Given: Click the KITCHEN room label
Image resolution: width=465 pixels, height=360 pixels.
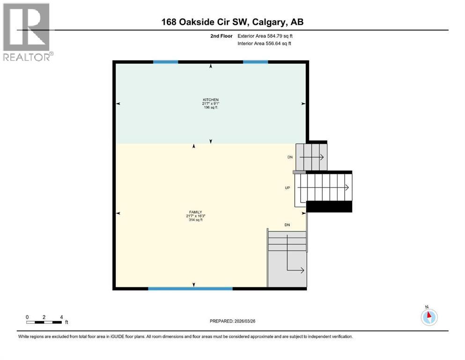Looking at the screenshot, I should [x=210, y=100].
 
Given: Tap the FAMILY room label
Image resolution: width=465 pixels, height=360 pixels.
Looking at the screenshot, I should [x=195, y=212].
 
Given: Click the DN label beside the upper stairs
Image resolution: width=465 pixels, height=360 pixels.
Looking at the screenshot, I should [x=290, y=157].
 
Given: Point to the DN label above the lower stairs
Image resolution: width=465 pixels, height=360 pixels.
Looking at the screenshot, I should [x=287, y=225].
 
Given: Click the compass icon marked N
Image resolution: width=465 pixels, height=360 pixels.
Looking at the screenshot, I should [x=429, y=317].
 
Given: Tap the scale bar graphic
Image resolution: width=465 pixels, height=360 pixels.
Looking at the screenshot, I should [x=44, y=322].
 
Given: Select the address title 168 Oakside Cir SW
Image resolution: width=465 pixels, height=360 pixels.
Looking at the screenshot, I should [x=232, y=22].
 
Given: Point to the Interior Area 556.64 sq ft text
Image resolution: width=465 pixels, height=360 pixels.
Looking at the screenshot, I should [x=265, y=44].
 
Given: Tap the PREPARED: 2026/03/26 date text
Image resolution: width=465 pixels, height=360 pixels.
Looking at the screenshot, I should [x=233, y=321].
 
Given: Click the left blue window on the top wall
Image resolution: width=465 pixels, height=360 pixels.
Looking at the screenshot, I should [x=166, y=61].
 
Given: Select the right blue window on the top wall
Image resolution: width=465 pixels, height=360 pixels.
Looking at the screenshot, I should [x=255, y=61].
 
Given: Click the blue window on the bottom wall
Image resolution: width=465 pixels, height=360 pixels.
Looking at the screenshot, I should [x=190, y=289].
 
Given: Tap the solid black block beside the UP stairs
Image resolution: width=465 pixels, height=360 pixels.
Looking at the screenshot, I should [x=329, y=206].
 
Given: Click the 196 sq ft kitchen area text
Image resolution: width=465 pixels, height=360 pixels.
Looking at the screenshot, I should [x=210, y=108].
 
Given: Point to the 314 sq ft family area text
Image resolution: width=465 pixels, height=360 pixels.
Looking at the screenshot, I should [x=195, y=220].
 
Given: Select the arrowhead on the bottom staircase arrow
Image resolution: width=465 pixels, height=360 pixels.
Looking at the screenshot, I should [x=303, y=270].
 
